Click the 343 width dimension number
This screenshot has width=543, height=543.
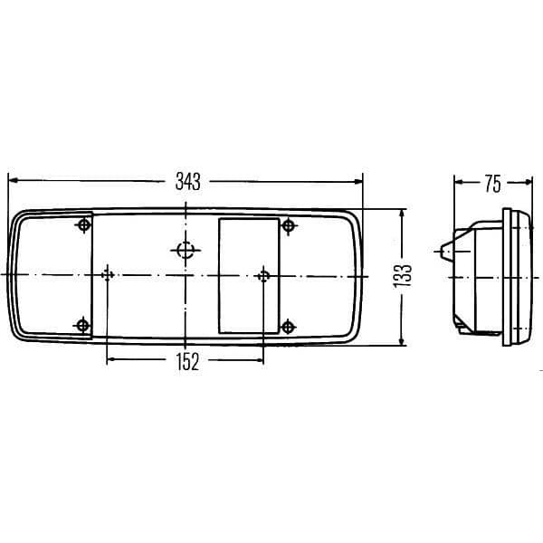pos(187,182)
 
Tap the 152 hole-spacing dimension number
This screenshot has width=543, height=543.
pos(187,362)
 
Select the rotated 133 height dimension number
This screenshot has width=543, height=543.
pos(403,276)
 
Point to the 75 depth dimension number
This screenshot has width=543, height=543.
pos(492,184)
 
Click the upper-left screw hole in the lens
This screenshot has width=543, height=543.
pos(84,225)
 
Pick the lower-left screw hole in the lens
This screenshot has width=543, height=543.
pos(82,326)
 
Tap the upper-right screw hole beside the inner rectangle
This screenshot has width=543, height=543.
pos(288,225)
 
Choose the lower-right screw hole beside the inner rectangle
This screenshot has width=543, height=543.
pos(288,327)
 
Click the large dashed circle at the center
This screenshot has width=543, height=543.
pos(186,250)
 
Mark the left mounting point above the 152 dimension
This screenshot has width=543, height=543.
pos(108,275)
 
